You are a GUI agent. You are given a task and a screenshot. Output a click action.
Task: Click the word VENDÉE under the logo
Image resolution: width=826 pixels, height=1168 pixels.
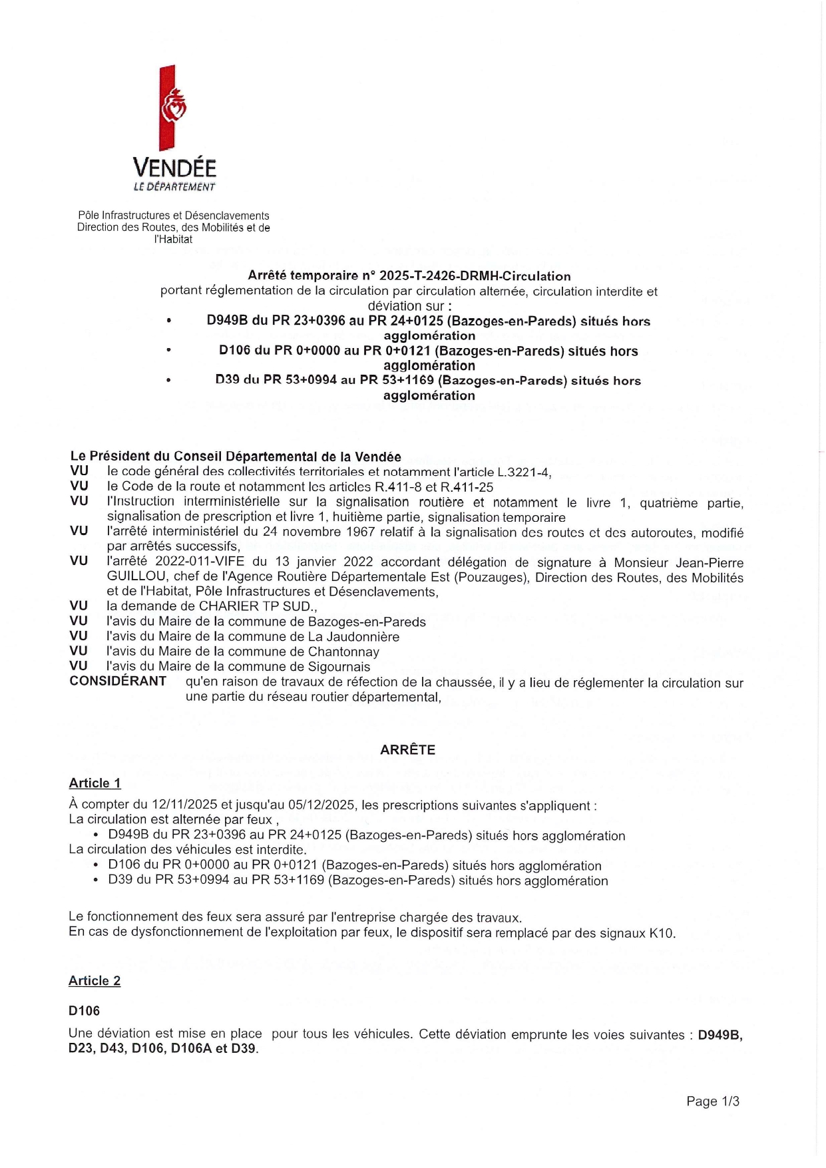tap(174, 167)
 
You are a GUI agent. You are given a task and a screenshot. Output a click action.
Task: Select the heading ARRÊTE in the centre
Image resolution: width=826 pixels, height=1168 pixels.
tap(407, 749)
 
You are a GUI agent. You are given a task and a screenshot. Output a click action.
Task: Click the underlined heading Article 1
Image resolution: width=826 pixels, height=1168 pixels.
tap(95, 783)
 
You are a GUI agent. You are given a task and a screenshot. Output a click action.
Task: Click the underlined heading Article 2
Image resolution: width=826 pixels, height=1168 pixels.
tap(95, 980)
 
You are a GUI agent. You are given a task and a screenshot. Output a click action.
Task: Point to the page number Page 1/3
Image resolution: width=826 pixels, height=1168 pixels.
tap(712, 1101)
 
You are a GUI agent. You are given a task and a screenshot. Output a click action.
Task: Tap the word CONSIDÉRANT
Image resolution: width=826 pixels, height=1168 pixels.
tap(118, 681)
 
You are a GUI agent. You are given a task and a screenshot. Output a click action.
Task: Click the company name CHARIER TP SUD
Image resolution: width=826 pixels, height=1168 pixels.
tap(256, 606)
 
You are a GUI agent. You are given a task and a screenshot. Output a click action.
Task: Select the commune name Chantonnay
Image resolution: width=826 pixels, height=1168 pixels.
tap(343, 652)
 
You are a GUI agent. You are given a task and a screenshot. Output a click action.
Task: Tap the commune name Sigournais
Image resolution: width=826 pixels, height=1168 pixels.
tap(339, 666)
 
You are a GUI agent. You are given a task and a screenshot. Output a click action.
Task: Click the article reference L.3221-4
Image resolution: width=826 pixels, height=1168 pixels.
tap(524, 472)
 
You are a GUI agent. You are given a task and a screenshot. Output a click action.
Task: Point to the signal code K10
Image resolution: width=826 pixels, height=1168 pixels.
tap(661, 932)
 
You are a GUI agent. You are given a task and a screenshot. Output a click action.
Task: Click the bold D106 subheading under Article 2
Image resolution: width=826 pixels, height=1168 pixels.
tap(85, 1010)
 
